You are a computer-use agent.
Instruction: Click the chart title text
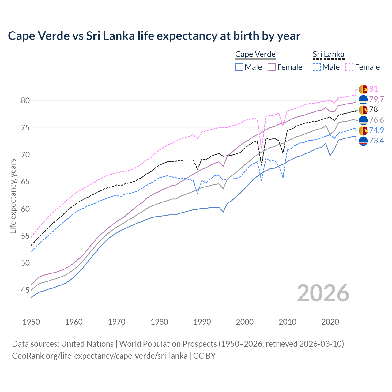[x=154, y=36]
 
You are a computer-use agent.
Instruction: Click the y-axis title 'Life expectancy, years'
[x=13, y=196]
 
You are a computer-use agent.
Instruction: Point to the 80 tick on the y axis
[x=25, y=101]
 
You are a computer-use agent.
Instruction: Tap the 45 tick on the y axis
[x=25, y=290]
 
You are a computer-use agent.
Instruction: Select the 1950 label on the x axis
[x=31, y=322]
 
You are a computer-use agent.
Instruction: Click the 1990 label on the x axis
[x=202, y=322]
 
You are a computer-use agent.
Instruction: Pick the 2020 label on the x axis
[x=330, y=322]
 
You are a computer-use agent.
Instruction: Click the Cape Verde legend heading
[x=255, y=55]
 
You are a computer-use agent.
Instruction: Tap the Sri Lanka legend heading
[x=328, y=55]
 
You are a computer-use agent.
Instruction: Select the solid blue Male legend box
[x=239, y=67]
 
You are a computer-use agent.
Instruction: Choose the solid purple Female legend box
[x=272, y=67]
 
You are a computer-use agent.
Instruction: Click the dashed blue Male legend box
[x=317, y=67]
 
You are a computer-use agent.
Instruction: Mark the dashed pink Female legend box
[x=349, y=67]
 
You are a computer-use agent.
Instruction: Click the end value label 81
[x=373, y=89]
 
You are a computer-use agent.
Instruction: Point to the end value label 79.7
[x=376, y=100]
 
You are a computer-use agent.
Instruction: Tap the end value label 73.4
[x=376, y=141]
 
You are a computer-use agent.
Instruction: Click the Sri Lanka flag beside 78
[x=363, y=110]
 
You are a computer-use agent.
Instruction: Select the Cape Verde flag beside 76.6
[x=363, y=120]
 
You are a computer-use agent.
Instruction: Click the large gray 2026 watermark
[x=323, y=293]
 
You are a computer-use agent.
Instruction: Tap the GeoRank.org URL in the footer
[x=100, y=356]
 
